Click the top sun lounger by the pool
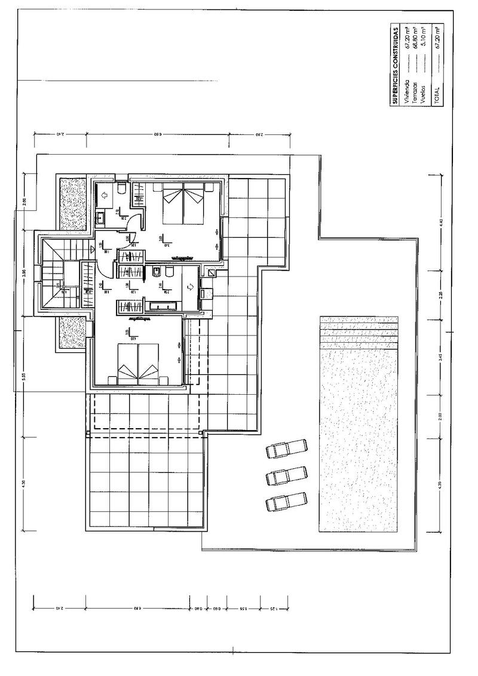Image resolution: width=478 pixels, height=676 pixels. pos(286,448)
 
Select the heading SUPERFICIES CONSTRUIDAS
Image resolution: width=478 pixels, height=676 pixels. pos(396,66)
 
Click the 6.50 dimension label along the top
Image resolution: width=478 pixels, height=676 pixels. pos(158,135)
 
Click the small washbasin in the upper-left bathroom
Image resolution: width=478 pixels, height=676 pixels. pos(100,217)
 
